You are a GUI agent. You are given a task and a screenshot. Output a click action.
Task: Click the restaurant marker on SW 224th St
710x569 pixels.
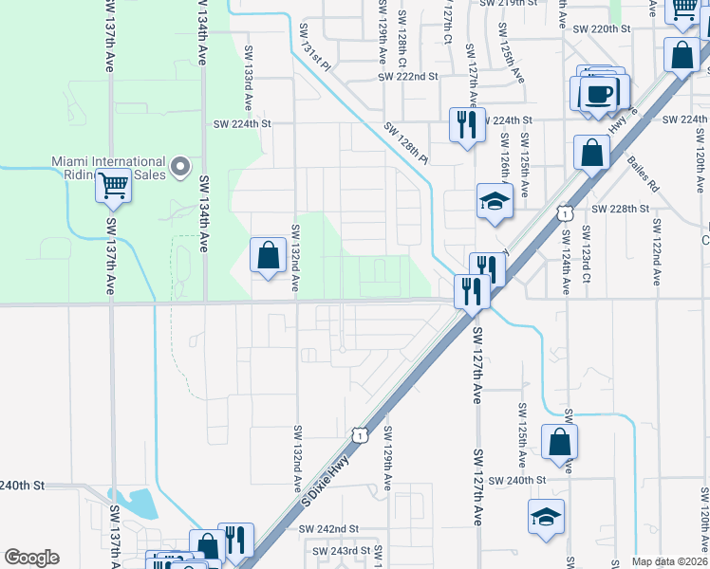pyautogui.click(x=465, y=125)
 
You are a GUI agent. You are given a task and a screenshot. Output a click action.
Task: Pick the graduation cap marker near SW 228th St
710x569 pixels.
pyautogui.click(x=494, y=201)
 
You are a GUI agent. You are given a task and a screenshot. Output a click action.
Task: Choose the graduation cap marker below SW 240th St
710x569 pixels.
pyautogui.click(x=546, y=517)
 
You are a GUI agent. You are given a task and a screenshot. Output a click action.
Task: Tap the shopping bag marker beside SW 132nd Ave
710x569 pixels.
pyautogui.click(x=269, y=254)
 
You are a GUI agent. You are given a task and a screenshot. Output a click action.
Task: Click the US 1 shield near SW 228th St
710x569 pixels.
pyautogui.click(x=565, y=214)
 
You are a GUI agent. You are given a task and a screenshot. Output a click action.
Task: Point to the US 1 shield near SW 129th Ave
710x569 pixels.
pyautogui.click(x=360, y=434)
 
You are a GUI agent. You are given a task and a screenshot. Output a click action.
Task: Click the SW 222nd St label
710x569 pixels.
pyautogui.click(x=407, y=76)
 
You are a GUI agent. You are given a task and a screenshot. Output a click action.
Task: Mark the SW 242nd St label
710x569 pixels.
pyautogui.click(x=328, y=528)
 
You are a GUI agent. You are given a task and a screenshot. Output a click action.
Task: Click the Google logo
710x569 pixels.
pyautogui.click(x=31, y=558)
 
